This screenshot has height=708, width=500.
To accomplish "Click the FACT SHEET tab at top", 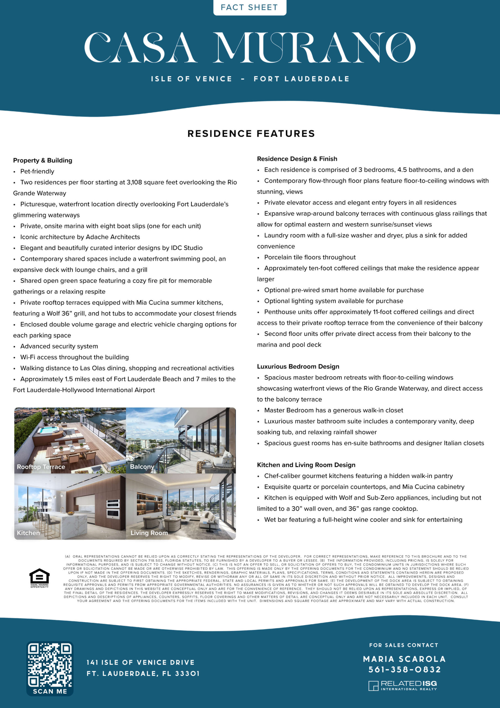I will coord(249,7).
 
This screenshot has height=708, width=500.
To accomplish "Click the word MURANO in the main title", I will coord(314,48).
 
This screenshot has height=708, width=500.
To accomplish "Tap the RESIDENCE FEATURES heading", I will coord(251,134).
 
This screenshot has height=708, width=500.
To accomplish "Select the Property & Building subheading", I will coord(43,160).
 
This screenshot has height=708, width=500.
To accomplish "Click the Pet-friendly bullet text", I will coord(37,171).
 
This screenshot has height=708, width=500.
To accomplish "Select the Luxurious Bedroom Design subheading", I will coord(298,366).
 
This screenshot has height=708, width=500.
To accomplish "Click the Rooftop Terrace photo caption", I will coord(41,467).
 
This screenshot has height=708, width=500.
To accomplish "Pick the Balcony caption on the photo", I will coord(142,467).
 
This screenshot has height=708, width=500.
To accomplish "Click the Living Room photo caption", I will coord(149,533).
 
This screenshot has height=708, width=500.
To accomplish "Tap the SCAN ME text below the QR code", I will coord(50,691).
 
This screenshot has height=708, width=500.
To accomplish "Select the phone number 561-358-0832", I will coord(404,670).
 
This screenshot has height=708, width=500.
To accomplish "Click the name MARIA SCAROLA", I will coord(404,659).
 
